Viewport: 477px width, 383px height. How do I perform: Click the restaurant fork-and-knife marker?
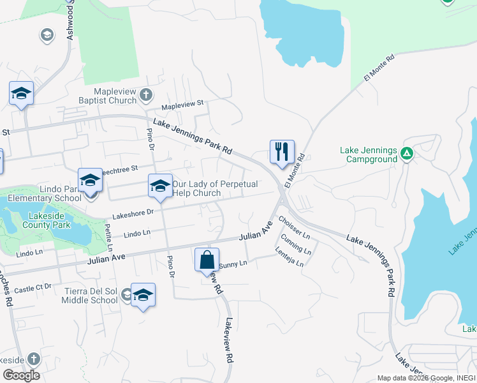[x=282, y=152]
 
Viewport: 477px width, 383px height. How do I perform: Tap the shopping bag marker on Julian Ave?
[x=207, y=260]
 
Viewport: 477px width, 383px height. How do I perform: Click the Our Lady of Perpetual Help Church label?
[x=215, y=188]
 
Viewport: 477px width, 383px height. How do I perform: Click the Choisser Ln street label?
[x=294, y=228]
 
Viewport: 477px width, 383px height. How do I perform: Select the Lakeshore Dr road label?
[x=133, y=214]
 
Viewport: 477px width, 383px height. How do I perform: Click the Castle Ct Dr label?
[x=32, y=289]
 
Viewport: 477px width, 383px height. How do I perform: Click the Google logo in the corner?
[x=21, y=375]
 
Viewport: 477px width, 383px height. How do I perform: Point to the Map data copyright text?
[x=426, y=378]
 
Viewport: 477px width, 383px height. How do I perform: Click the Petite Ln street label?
[x=109, y=237]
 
